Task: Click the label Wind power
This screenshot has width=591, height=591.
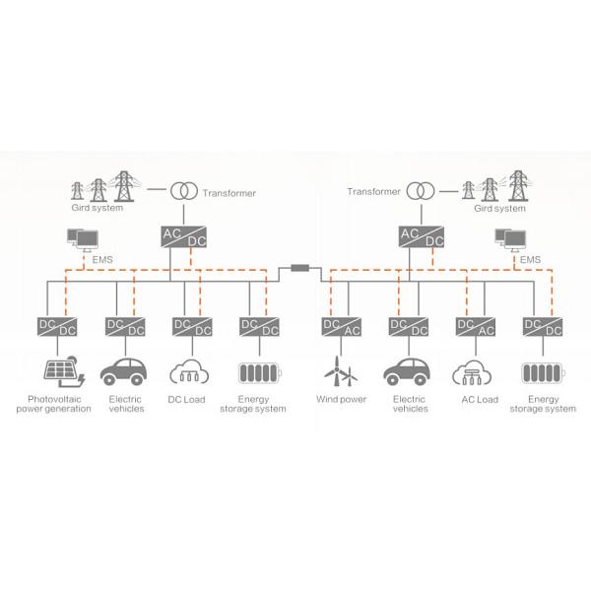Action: click(341, 400)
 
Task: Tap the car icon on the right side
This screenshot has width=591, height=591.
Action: click(409, 373)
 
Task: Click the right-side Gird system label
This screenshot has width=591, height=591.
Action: click(499, 209)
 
